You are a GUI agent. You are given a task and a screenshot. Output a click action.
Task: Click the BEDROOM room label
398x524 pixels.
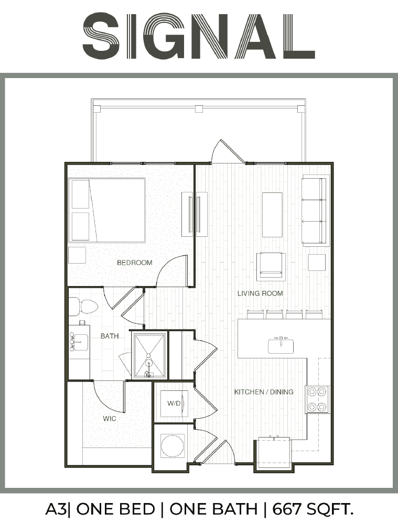click(x=134, y=263)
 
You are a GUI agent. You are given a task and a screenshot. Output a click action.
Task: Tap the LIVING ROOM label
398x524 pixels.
click(x=260, y=293)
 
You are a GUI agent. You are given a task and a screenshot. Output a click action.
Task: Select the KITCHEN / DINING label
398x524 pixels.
click(x=264, y=391)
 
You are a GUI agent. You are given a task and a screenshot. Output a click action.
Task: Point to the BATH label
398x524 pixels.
click(x=110, y=336)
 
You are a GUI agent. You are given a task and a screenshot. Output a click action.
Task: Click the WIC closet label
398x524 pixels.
click(x=110, y=418)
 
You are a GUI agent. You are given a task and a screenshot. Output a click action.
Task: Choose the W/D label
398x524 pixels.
click(x=174, y=403)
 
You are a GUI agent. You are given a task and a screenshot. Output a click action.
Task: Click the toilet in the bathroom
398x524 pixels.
click(x=83, y=306)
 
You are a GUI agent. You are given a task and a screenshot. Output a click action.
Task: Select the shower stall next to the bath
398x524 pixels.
click(x=149, y=356)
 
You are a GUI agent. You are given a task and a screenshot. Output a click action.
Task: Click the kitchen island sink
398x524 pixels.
click(x=281, y=345)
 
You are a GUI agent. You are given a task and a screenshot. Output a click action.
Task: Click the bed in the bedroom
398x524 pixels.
click(x=107, y=210)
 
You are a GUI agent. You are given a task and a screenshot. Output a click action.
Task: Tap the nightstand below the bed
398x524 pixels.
click(x=77, y=255)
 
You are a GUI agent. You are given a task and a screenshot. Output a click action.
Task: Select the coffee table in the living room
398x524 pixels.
click(x=272, y=214)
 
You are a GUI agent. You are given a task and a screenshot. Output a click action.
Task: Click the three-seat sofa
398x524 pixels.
click(x=315, y=210)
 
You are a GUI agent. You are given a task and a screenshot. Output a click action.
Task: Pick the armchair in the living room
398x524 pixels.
click(x=271, y=267)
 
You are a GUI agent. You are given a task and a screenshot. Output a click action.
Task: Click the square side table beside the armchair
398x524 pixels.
click(x=317, y=263)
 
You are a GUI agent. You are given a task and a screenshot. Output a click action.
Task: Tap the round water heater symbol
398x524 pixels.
click(x=173, y=445)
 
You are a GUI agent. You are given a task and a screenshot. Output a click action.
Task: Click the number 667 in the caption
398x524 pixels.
click(x=287, y=509)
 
